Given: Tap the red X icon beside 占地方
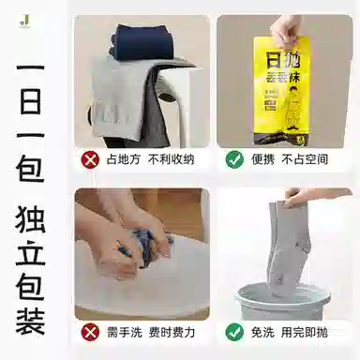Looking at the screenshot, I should tap(91, 159).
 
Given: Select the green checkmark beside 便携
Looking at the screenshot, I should tap(234, 159).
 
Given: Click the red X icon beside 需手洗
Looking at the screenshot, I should tap(91, 332).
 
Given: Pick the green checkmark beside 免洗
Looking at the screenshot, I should tap(234, 332).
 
